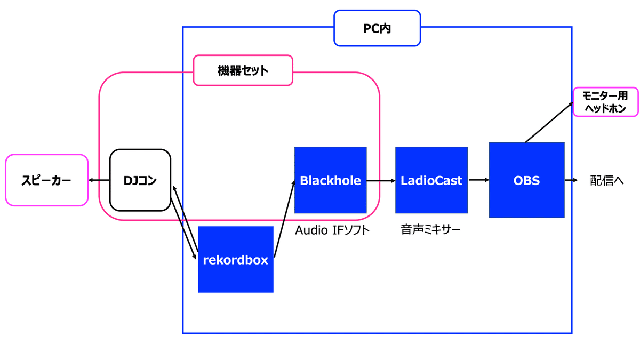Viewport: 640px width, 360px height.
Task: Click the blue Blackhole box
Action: [330, 180]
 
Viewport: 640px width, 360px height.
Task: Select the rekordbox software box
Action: [235, 260]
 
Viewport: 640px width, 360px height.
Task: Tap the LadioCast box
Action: [431, 180]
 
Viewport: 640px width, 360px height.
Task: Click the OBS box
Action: [526, 180]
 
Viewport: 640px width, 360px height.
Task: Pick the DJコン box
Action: [140, 180]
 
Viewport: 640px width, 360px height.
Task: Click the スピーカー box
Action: [46, 180]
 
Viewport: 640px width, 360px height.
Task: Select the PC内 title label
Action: [377, 28]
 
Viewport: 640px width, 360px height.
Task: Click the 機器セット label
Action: [243, 70]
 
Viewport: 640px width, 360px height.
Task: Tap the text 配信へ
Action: [607, 180]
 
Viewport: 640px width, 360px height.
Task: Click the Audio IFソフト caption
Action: [332, 230]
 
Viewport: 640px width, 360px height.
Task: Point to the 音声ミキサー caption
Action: [430, 230]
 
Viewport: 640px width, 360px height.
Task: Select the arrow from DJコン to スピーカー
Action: [99, 180]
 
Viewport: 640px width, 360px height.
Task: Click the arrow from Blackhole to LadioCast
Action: [381, 180]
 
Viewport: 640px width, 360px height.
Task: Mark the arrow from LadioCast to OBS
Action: [479, 180]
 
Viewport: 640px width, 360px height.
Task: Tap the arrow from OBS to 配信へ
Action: [571, 180]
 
